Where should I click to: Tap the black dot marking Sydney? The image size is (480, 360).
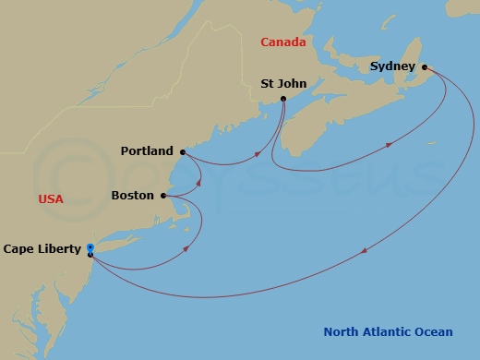click(425, 67)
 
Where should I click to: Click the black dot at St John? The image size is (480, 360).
click(282, 99)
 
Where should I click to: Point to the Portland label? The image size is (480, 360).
click(147, 151)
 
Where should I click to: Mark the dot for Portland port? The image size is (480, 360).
click(183, 151)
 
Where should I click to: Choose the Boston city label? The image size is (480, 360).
click(132, 196)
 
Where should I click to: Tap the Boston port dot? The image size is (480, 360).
click(163, 196)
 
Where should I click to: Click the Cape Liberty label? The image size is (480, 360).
click(42, 249)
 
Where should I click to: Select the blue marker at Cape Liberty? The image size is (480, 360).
click(90, 247)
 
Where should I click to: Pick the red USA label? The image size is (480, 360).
click(51, 199)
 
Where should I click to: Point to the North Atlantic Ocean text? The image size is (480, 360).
click(388, 332)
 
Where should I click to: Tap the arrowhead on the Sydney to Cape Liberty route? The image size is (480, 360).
click(367, 249)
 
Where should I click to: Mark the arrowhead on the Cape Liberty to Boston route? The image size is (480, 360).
click(188, 246)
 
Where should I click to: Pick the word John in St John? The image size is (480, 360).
click(290, 83)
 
